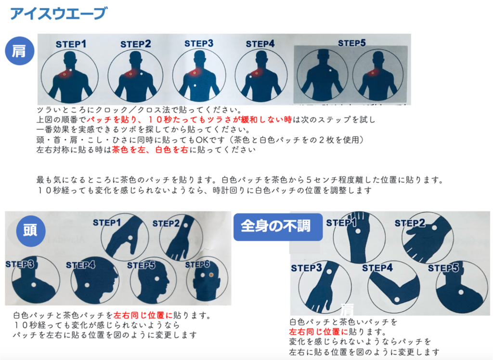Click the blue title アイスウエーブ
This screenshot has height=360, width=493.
pos(59,13)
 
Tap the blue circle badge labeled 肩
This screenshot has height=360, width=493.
pos(19,51)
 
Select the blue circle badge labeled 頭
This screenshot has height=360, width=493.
pos(31,230)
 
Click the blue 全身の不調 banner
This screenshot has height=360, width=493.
pos(278,227)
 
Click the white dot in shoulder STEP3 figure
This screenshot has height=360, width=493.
pos(195,86)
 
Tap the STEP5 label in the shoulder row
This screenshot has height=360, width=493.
pos(351,43)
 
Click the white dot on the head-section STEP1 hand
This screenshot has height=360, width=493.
pos(130,237)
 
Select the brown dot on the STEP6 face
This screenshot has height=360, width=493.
pos(211,275)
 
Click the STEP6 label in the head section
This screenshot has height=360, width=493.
pos(197,265)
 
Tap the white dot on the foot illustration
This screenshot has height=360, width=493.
pos(358,231)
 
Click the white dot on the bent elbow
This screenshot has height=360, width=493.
pos(397,299)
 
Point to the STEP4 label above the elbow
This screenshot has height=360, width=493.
pos(377,268)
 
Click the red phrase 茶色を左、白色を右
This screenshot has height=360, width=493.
pos(150,149)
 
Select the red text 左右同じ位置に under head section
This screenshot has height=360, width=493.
pos(143,315)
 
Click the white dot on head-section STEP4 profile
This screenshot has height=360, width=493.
pos(87,285)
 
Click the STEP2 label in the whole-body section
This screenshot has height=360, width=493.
pos(410,223)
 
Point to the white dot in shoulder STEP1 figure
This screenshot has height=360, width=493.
pos(71,70)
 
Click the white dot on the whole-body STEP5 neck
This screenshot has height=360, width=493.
pos(461,292)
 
